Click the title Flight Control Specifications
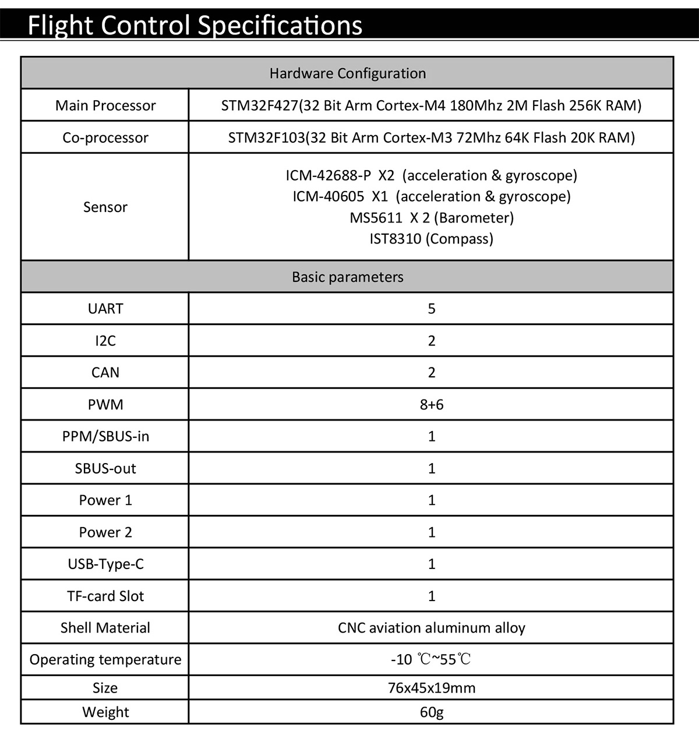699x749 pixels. [x=195, y=26]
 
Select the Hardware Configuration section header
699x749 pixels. [x=348, y=73]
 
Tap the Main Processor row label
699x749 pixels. [x=105, y=105]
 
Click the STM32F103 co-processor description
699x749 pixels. [x=431, y=137]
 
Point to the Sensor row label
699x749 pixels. [x=105, y=207]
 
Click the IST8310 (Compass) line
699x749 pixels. [x=431, y=239]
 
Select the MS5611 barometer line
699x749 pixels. [x=431, y=218]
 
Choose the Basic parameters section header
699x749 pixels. [x=348, y=277]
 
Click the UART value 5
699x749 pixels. [x=431, y=309]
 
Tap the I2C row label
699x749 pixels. [x=105, y=341]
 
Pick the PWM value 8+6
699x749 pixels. [x=431, y=404]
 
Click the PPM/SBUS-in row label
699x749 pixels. [x=105, y=436]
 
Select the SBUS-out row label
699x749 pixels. [x=105, y=468]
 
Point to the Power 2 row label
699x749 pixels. [x=105, y=532]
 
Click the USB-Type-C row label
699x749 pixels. [x=105, y=564]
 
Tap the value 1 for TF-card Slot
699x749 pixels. [x=431, y=596]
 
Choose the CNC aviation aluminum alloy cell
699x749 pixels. [x=431, y=628]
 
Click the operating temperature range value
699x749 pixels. [x=431, y=659]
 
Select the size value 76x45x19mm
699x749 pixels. [x=431, y=688]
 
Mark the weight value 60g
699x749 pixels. [x=431, y=712]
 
